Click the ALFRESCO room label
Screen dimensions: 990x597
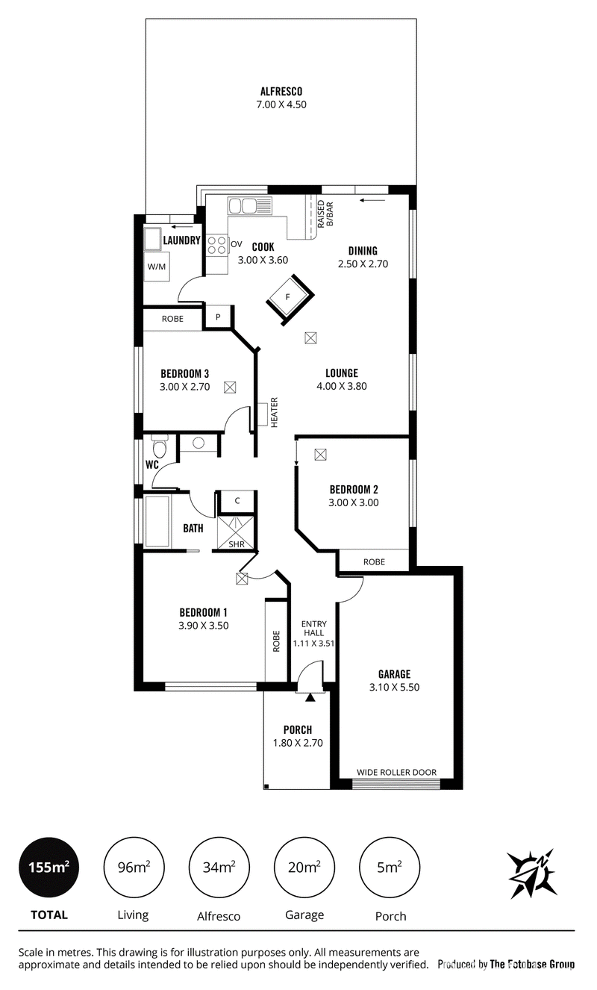[x=281, y=91]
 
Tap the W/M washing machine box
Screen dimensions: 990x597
[x=156, y=266]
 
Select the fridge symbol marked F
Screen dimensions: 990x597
[x=289, y=298]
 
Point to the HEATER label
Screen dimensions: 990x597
[x=274, y=412]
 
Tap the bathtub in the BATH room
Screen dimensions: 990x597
[x=157, y=520]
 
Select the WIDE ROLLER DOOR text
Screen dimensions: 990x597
[x=396, y=772]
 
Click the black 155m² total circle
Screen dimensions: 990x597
[x=49, y=868]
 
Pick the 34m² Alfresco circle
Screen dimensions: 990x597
[x=219, y=868]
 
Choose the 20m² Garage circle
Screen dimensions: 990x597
[x=304, y=868]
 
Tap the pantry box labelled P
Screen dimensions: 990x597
[x=218, y=317]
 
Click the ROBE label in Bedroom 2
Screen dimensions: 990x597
[x=374, y=561]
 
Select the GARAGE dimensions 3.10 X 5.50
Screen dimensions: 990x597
[x=394, y=687]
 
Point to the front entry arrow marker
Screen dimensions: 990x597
[x=310, y=696]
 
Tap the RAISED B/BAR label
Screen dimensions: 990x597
[x=325, y=213]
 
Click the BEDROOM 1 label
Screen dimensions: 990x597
[x=203, y=612]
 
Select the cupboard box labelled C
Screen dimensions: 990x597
[x=237, y=501]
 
